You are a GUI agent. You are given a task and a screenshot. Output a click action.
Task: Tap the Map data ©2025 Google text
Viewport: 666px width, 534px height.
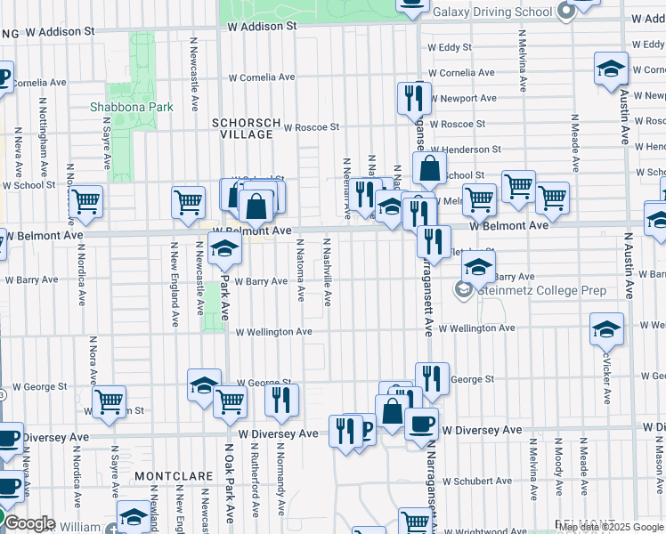click(611, 527)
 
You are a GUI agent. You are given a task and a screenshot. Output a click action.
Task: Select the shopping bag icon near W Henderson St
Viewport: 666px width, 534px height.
click(429, 167)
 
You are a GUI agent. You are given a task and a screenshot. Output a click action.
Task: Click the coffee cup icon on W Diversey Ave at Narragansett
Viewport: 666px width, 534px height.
click(421, 423)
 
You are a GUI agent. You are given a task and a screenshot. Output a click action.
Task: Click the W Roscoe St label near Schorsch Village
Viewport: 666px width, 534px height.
click(312, 127)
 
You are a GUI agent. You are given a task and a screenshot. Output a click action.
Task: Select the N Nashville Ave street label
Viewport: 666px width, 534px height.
click(328, 272)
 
